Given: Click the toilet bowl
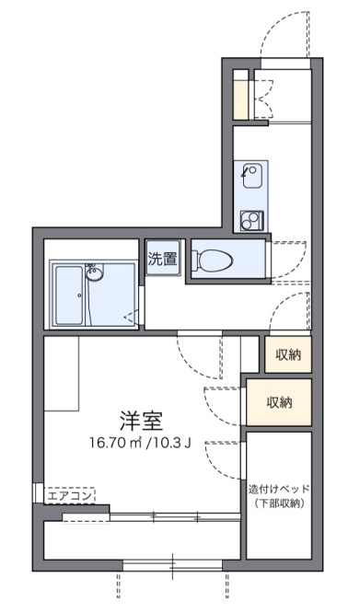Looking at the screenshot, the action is [215, 260].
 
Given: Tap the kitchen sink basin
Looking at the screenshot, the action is [250, 176].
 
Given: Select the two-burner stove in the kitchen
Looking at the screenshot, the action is [251, 221].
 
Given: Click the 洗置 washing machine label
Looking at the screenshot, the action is [163, 259].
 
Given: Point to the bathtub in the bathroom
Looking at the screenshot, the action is [69, 295].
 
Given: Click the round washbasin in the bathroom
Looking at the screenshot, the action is [95, 274].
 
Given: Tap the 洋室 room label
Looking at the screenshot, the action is [141, 421].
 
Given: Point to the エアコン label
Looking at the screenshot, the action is [70, 496].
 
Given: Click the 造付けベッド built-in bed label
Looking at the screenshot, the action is [279, 489].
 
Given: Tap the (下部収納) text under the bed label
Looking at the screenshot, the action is [279, 503].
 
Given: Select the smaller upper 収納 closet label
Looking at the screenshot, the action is [288, 354].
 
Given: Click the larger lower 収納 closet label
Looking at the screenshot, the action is [279, 402].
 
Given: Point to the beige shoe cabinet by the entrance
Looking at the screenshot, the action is [241, 99].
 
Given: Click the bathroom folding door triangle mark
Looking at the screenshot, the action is [132, 317].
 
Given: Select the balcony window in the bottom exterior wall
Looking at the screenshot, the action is [172, 565].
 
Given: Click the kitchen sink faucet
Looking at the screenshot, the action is [246, 171].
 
